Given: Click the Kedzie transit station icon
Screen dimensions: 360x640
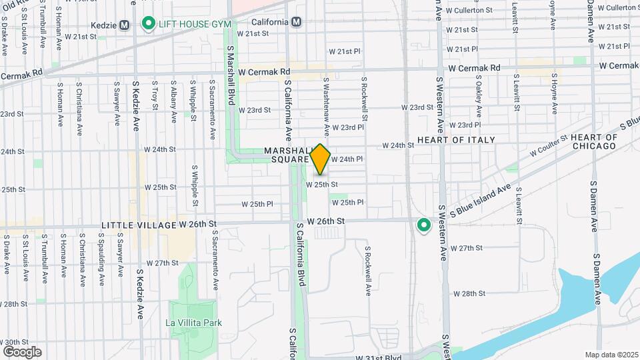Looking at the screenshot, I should (123, 25).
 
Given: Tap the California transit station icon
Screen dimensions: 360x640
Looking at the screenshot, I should (297, 22).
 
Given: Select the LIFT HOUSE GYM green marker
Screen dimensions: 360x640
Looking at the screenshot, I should (147, 25).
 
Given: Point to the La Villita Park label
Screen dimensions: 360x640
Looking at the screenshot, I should (193, 323).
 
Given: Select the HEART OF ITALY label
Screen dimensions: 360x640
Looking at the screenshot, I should (456, 140).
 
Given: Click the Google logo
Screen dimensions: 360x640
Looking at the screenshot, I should (22, 351).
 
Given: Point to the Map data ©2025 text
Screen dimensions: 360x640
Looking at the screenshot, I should (611, 355).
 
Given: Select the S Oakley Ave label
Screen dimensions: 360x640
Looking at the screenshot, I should (479, 93).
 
